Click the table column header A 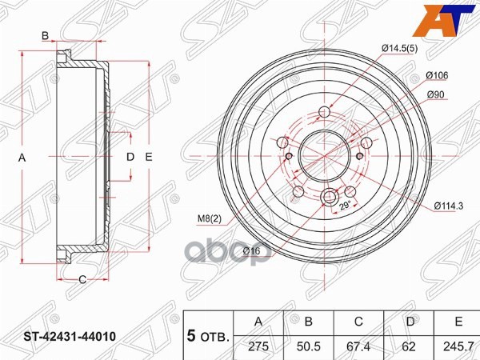coord(258,322)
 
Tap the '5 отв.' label coord(207,334)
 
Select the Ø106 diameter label coord(437,76)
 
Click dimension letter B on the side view coord(46,34)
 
